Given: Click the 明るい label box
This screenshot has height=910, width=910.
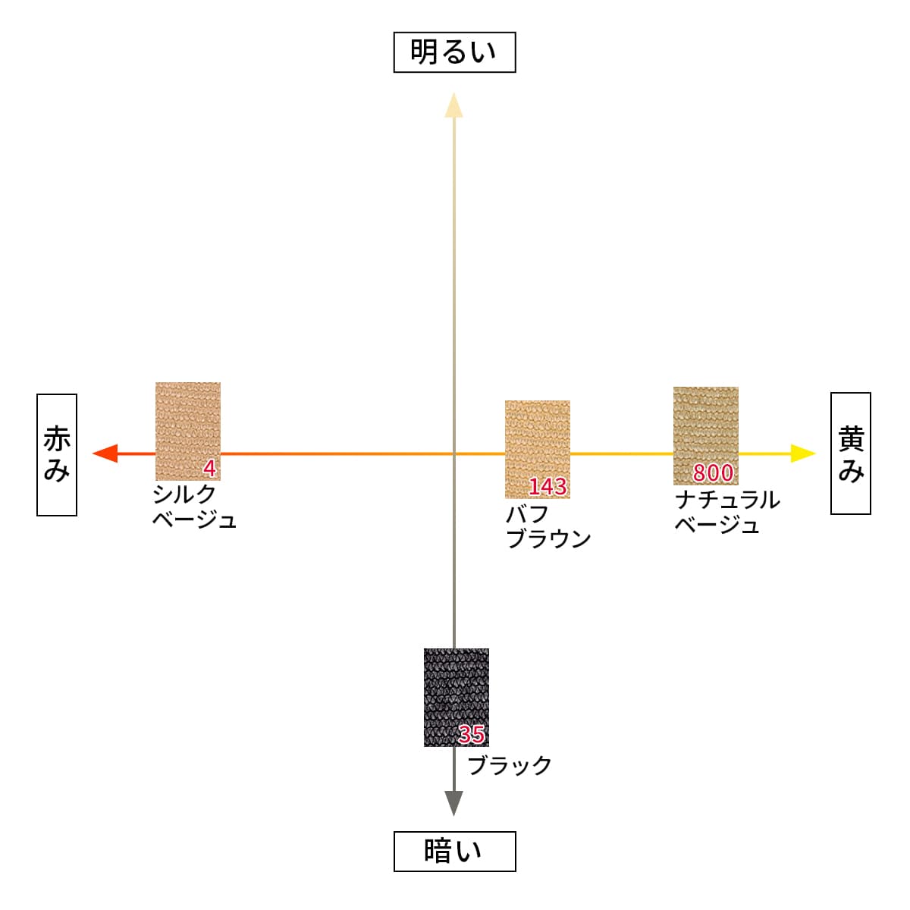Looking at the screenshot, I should tap(454, 52).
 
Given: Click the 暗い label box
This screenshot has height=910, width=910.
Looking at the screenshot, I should tap(454, 851).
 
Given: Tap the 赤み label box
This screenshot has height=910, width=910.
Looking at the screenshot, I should tap(57, 454).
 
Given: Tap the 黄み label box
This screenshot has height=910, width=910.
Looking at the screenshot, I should tap(850, 453).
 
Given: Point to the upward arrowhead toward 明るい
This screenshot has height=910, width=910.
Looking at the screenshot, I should tap(453, 105).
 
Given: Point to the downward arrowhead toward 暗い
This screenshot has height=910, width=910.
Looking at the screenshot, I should tap(453, 802).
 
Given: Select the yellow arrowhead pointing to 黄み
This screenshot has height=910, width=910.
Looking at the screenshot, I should tap(802, 453).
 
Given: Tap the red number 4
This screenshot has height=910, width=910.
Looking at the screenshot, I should tap(209, 469).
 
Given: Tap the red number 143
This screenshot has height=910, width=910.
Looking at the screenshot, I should tap(548, 486).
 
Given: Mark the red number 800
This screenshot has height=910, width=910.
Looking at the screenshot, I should tap(713, 472).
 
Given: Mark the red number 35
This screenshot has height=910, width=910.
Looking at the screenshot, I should tap(472, 734).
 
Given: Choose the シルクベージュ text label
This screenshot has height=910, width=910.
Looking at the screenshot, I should tap(194, 506).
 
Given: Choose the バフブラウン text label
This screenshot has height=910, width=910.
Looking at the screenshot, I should tap(548, 526).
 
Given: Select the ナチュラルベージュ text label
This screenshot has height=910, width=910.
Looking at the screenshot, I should tap(726, 512).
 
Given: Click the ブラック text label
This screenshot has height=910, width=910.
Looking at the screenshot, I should tap(510, 765).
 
